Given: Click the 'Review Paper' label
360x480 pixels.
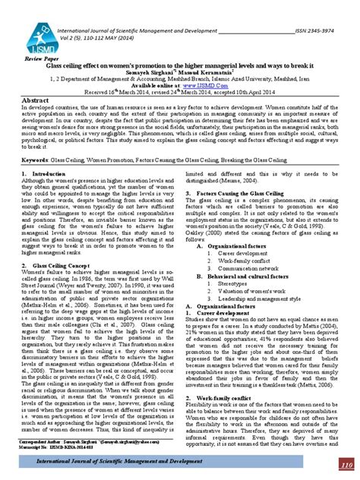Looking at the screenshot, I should pos(43,58).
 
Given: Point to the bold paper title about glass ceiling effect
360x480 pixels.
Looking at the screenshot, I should pos(179,66).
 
